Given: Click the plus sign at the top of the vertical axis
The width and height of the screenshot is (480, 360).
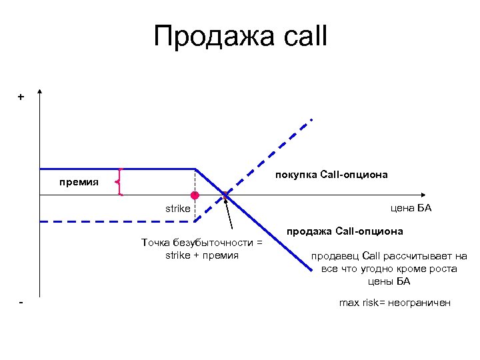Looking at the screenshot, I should [21, 97].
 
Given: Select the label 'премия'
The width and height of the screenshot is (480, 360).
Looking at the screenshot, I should [77, 181].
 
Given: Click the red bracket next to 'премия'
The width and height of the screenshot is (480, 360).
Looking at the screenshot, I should [119, 181].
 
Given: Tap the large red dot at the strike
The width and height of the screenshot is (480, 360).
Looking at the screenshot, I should [195, 195].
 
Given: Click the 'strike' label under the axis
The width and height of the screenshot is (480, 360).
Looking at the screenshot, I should [178, 209].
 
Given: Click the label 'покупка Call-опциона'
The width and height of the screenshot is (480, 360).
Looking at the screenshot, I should [331, 174].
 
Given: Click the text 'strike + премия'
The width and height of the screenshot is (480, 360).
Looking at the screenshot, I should [202, 255].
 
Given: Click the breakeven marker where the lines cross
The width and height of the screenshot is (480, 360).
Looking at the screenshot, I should [225, 195].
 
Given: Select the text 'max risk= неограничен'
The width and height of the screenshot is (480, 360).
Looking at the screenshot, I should [395, 303].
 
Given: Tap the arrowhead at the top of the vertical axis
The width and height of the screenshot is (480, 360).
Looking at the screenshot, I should [41, 93].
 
